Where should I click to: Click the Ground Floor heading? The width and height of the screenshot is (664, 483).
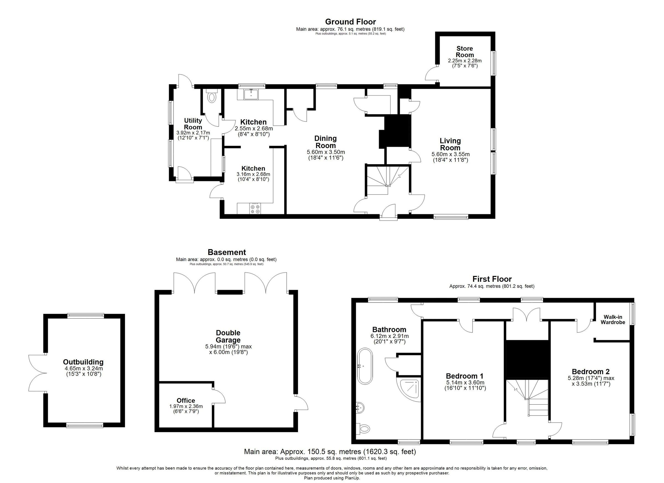pyautogui.click(x=350, y=22)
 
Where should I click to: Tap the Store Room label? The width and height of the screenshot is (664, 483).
pyautogui.click(x=465, y=52)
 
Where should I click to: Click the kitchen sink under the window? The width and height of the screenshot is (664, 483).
pyautogui.click(x=251, y=94)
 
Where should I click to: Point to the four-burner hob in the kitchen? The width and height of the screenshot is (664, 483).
pyautogui.click(x=255, y=209)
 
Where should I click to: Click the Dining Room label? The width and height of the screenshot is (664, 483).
pyautogui.click(x=325, y=142)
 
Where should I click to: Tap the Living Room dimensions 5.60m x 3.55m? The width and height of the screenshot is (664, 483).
pyautogui.click(x=450, y=154)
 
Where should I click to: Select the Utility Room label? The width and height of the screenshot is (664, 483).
pyautogui.click(x=193, y=124)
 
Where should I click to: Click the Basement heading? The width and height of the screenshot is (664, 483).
pyautogui.click(x=227, y=252)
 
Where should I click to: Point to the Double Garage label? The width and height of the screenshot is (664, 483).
pyautogui.click(x=228, y=336)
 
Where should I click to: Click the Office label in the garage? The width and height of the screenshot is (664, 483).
pyautogui.click(x=186, y=401)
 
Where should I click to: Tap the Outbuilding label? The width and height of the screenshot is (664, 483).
pyautogui.click(x=83, y=362)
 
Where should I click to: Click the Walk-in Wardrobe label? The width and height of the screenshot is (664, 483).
pyautogui.click(x=613, y=320)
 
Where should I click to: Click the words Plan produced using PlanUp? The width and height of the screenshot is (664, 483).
pyautogui.click(x=332, y=478)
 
